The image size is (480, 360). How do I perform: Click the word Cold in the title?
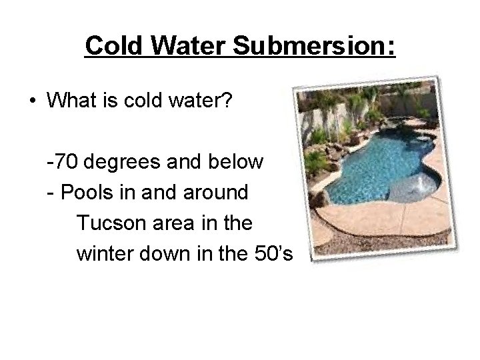pos(115,46)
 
